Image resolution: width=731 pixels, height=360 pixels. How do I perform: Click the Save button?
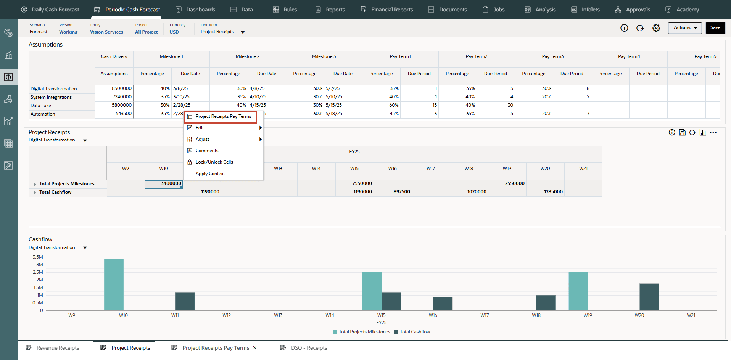click(x=715, y=27)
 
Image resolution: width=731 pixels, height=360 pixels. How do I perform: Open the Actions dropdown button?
click(x=684, y=27)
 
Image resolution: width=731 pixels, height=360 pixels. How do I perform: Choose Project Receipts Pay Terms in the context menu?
click(x=223, y=116)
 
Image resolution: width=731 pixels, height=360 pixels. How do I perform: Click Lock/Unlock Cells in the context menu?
click(x=214, y=162)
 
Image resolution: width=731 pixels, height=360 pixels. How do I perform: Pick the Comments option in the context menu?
click(x=207, y=151)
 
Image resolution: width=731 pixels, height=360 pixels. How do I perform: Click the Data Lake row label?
click(x=41, y=106)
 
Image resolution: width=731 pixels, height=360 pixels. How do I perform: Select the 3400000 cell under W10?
click(x=164, y=184)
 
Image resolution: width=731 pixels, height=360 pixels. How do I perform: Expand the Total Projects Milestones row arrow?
click(x=35, y=184)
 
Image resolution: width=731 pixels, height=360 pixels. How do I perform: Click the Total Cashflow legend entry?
click(x=414, y=332)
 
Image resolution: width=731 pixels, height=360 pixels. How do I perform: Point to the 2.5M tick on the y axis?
click(x=38, y=272)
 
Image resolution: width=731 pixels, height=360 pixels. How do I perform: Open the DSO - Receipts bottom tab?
click(x=309, y=348)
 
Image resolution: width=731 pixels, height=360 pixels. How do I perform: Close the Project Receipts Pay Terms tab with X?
click(x=255, y=348)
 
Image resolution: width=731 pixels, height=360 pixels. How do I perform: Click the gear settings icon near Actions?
click(x=656, y=28)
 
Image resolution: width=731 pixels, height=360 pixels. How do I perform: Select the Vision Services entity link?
click(x=106, y=32)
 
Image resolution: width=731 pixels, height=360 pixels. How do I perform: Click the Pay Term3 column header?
click(x=552, y=56)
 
